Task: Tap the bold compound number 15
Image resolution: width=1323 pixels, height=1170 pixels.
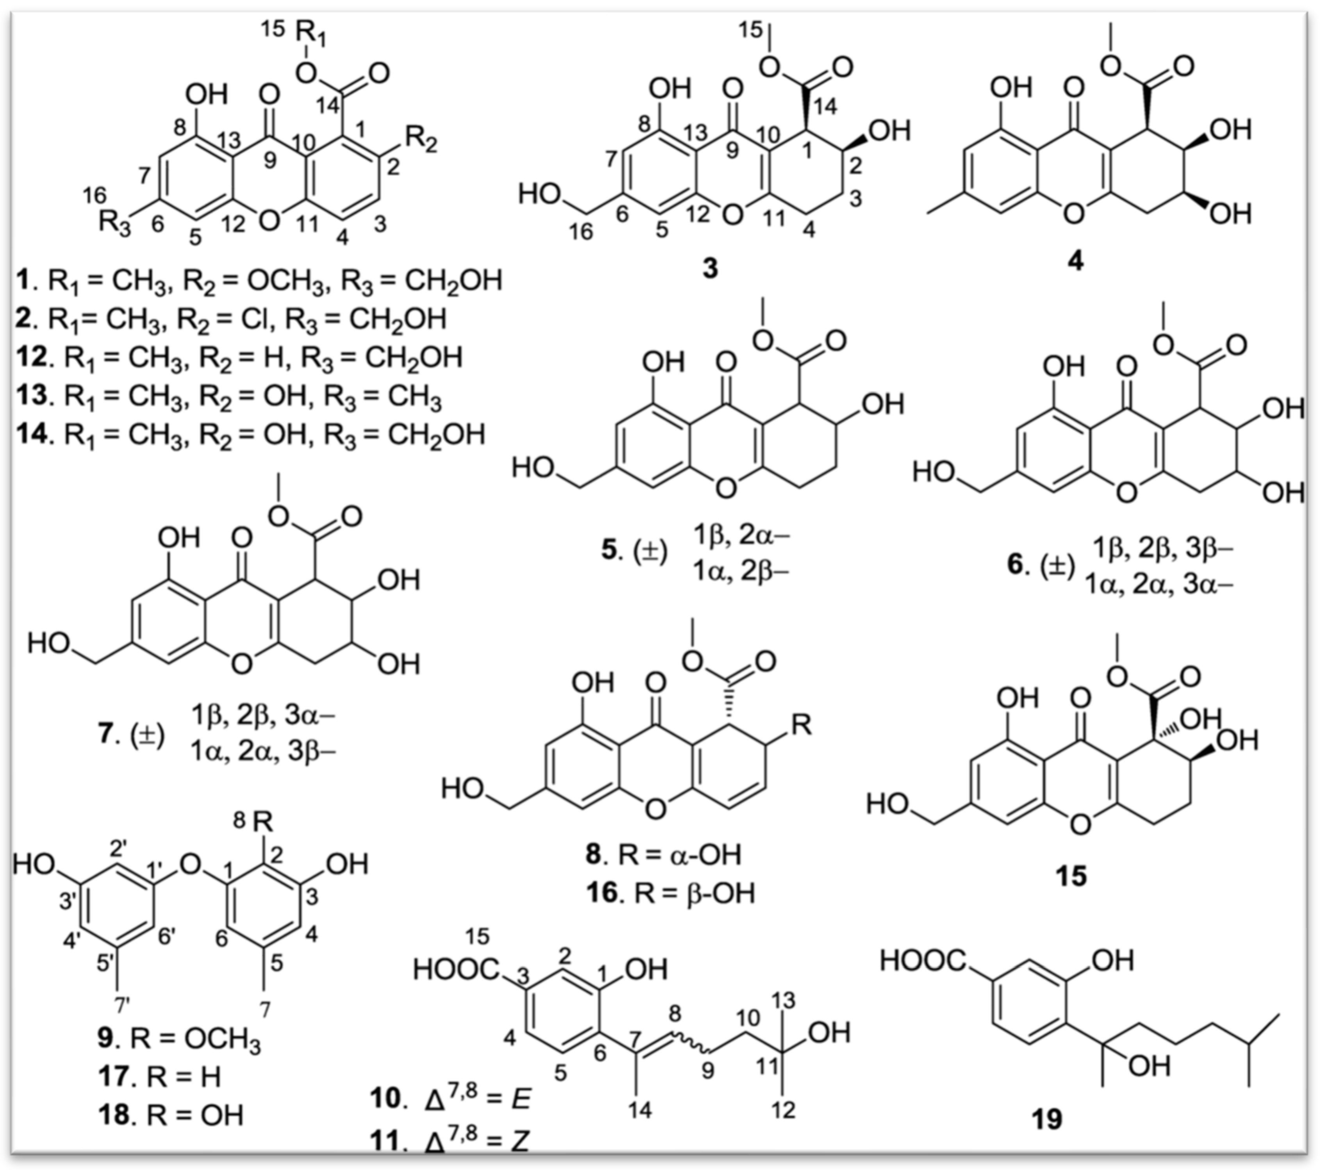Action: [x=1071, y=877]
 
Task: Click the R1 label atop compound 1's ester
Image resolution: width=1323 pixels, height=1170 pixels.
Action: [x=312, y=32]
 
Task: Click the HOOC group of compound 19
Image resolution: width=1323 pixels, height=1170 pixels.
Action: [x=922, y=961]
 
